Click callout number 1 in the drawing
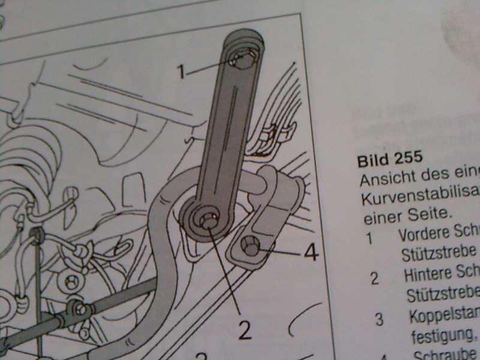coord(181,73)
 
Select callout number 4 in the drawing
coord(310,253)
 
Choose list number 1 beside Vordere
coord(369,237)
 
